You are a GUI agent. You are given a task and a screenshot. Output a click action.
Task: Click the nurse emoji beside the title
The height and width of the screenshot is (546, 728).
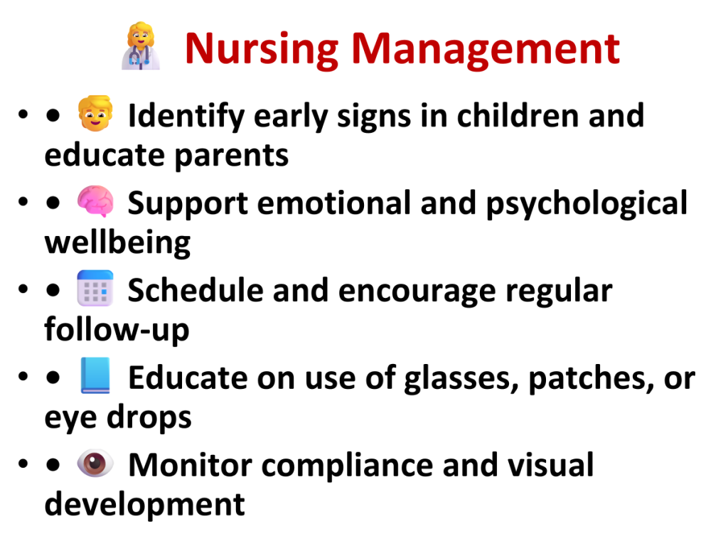coord(141,46)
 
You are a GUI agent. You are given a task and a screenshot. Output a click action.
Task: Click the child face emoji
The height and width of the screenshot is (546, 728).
coord(95,113)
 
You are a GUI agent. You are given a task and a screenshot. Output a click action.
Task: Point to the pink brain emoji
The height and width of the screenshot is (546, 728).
coord(95,201)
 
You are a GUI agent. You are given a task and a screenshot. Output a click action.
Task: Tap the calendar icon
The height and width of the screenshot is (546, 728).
coord(95,289)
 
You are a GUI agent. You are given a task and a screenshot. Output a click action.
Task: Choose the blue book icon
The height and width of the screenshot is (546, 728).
coord(95,375)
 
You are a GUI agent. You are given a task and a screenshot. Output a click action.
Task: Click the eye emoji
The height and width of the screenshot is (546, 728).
coord(95,463)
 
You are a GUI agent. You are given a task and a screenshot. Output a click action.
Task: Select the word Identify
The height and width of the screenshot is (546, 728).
coord(186,116)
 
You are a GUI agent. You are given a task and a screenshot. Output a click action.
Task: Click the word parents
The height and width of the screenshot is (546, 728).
coord(232,156)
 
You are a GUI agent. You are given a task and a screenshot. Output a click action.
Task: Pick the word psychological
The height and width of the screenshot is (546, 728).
coord(587,204)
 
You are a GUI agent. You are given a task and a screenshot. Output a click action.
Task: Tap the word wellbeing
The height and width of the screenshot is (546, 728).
coord(117,243)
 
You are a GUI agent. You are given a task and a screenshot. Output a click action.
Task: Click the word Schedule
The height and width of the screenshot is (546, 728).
coord(195,291)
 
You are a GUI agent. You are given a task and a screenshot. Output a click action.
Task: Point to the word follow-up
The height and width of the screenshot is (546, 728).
coord(117,330)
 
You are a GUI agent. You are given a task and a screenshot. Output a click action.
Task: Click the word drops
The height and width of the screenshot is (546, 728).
coord(149,417)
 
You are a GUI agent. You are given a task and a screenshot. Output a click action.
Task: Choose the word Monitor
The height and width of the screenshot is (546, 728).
coord(190,465)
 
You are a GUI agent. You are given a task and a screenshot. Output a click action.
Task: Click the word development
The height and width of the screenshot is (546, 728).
coord(145,505)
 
